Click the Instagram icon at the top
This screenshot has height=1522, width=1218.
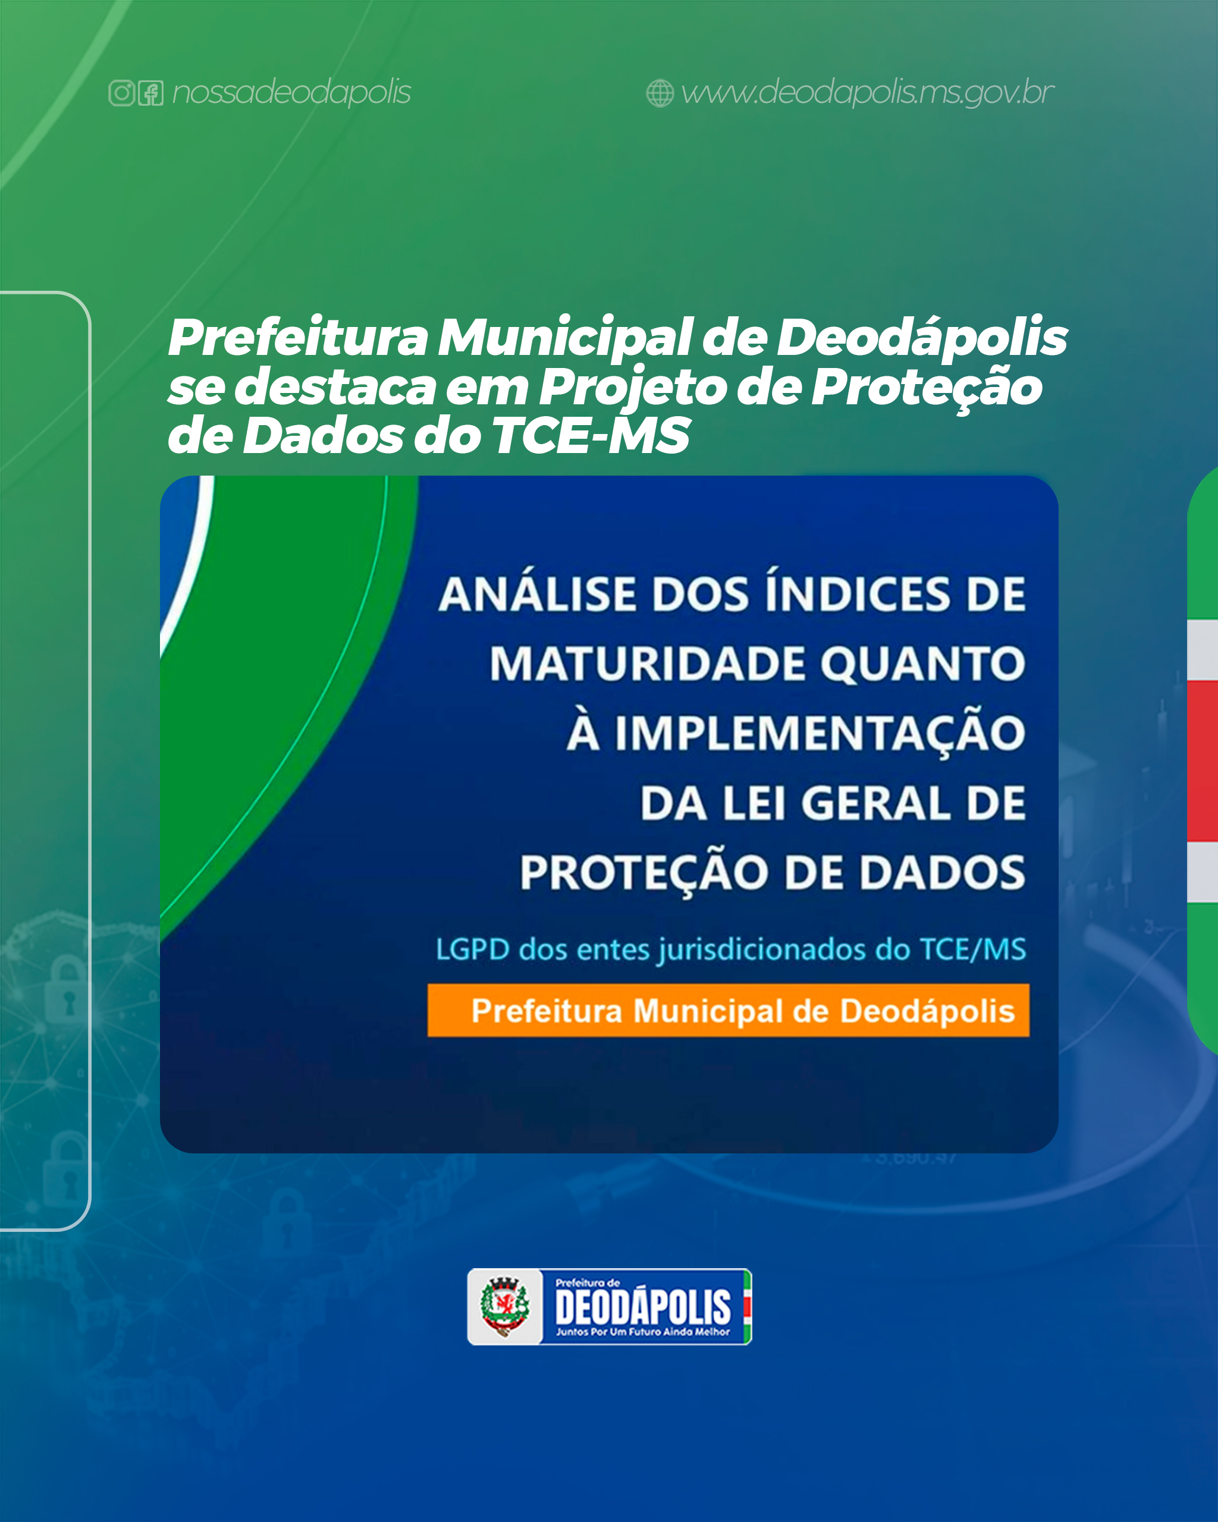pos(121,93)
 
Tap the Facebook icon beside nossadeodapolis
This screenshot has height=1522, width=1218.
pos(150,93)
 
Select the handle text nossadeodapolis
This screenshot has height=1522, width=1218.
pos(291,93)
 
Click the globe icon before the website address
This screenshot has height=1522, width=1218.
pos(660,93)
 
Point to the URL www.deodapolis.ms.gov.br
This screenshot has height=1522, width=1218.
pos(868,93)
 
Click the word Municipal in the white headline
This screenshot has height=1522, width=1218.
pos(564,338)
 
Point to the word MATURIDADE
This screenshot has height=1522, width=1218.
pos(648,664)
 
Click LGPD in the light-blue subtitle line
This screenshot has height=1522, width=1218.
pos(472,949)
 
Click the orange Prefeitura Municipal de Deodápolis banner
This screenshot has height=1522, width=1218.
pos(728,1010)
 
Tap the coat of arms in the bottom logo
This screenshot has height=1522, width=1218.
pos(504,1307)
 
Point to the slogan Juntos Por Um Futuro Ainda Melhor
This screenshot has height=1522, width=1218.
pos(642,1332)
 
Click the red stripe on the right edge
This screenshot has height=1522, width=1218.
pos(1203,761)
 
